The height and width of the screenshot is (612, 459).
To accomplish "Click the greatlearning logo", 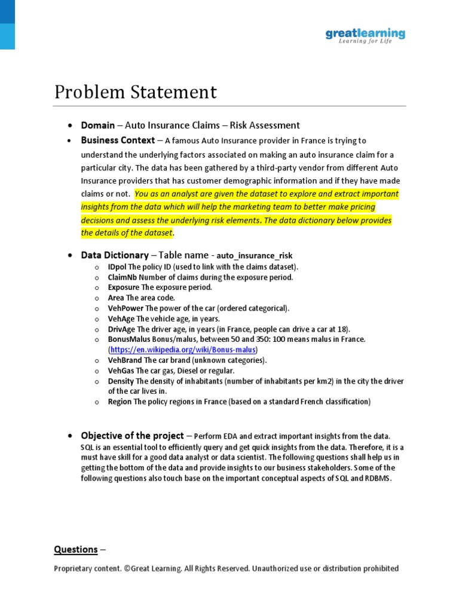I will (365, 35).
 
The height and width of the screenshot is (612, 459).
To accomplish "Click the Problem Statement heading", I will (136, 93).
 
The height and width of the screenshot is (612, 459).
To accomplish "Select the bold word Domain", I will (97, 125).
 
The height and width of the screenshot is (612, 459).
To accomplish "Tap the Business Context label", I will (118, 140).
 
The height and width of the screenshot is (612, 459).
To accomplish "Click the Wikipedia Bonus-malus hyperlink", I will (183, 349).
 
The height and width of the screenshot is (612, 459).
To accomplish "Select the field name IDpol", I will (117, 267).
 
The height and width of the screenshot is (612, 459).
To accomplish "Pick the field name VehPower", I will (126, 308).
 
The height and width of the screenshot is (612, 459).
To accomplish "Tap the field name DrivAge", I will (121, 329).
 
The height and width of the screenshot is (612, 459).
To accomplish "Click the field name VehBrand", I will (125, 360).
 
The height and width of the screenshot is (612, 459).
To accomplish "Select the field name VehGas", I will (121, 371).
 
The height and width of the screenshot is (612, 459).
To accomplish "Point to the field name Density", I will (121, 381).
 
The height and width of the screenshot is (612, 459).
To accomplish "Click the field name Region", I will (120, 402).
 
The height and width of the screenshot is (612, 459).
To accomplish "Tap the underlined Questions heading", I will (76, 549).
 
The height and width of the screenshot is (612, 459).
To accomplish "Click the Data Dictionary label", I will (115, 255).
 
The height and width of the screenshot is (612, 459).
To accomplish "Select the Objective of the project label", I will (132, 436).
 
